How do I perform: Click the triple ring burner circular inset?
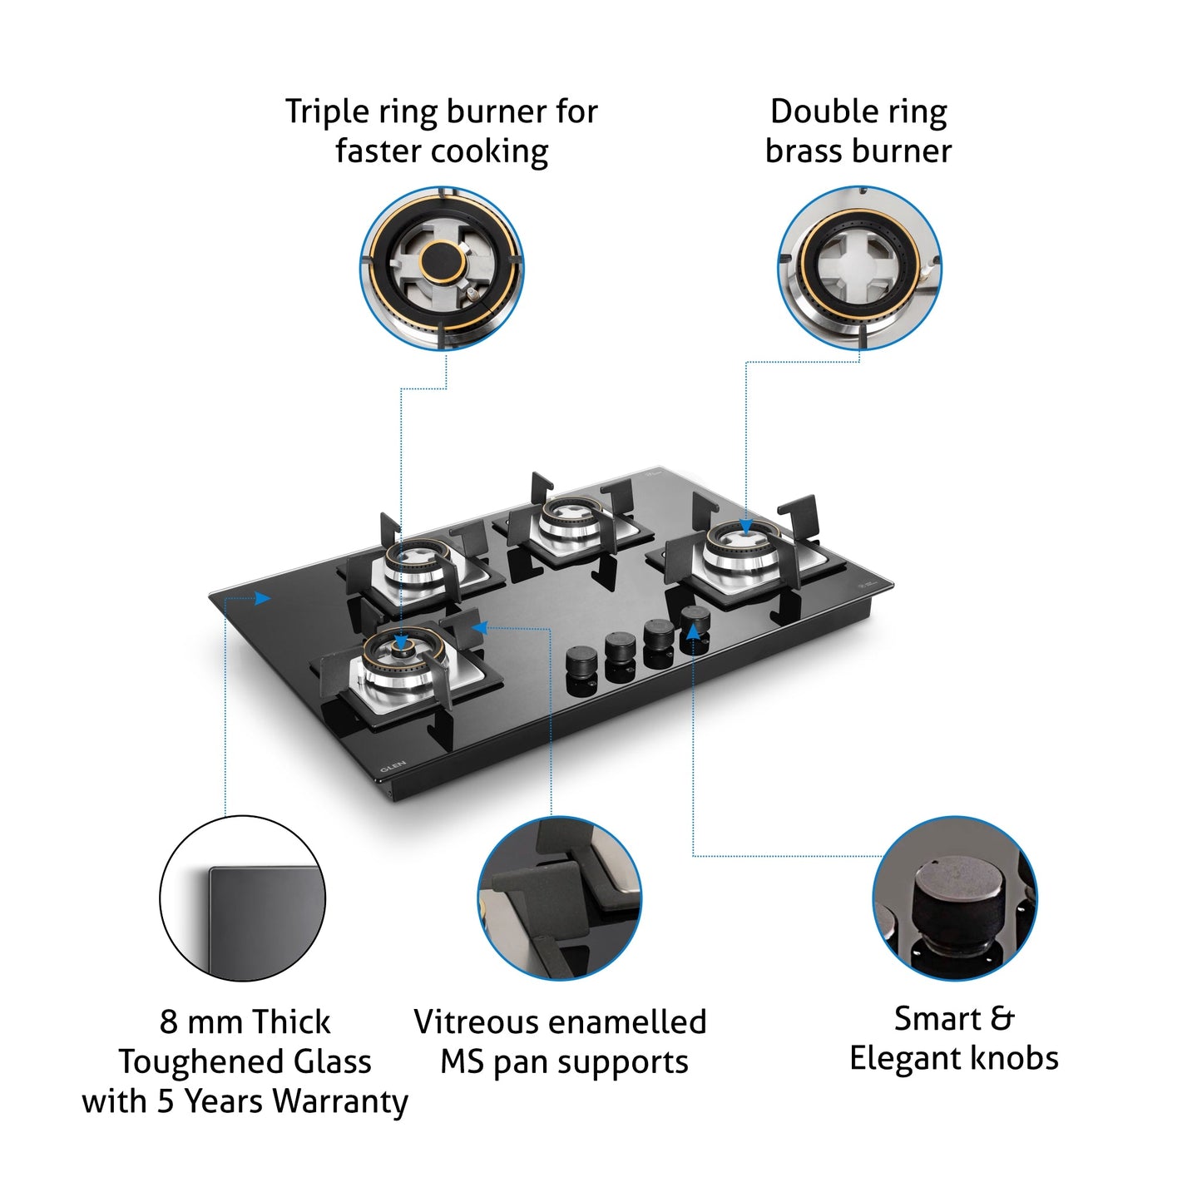point(442,268)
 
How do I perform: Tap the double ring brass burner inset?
point(859,268)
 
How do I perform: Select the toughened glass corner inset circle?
point(242,898)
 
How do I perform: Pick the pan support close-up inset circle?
point(559,898)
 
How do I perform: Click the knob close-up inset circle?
point(954,898)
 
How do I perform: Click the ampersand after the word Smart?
point(1002,1018)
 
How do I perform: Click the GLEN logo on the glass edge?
point(393,765)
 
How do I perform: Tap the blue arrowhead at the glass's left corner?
point(263,598)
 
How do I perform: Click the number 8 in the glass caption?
point(168,1021)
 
